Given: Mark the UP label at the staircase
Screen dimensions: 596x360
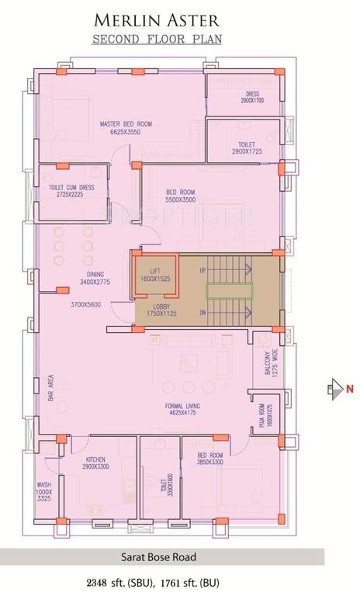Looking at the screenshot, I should coord(202,270).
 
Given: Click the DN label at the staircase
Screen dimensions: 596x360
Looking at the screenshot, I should coord(202,312).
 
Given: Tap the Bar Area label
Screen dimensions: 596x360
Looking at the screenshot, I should coord(50,390).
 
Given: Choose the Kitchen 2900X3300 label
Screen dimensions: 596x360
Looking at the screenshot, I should coord(97,464).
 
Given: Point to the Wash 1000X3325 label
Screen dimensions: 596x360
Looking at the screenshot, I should coord(44,494).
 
